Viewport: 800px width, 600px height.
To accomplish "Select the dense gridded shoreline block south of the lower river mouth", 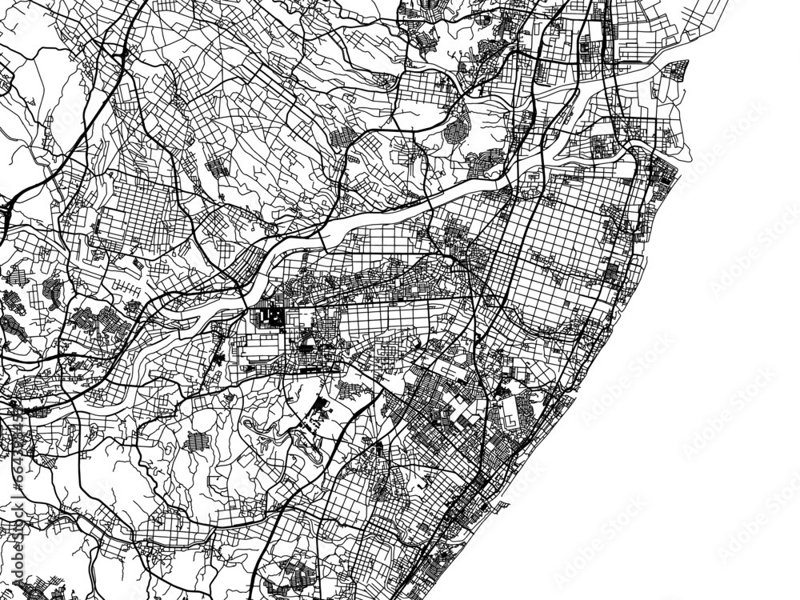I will [660, 172].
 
